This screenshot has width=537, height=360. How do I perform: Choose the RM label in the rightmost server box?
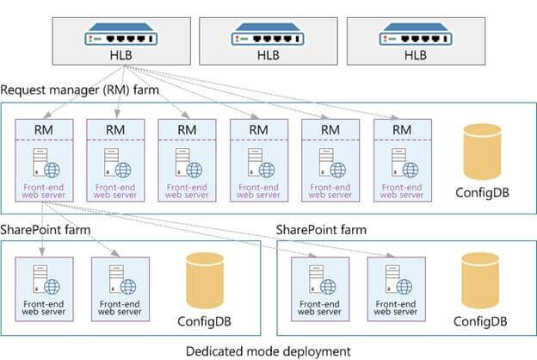click(402, 129)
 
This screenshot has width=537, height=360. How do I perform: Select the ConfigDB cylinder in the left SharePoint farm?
click(205, 282)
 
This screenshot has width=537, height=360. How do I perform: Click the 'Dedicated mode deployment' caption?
click(268, 351)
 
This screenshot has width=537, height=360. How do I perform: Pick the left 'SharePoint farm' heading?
click(46, 230)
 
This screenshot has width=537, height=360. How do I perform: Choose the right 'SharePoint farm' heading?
click(321, 230)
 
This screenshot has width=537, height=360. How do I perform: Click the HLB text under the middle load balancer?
click(268, 54)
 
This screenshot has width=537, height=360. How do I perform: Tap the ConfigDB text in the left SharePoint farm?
click(205, 322)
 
